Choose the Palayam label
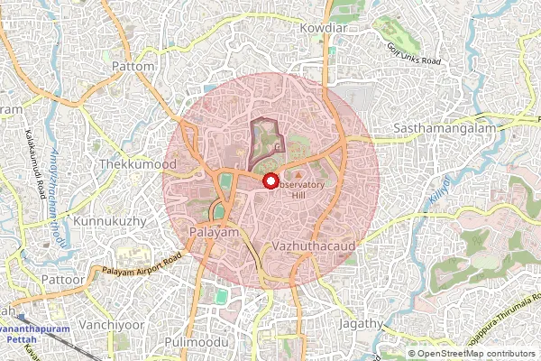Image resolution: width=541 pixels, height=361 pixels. click(x=214, y=233)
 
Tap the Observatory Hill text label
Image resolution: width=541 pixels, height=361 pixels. click(x=305, y=189)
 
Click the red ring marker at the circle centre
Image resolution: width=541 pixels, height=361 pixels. click(x=270, y=180)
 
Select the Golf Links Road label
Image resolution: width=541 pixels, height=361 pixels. click(x=413, y=53)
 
